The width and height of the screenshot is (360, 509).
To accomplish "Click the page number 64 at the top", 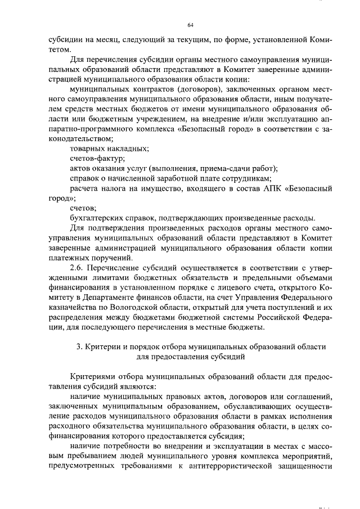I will (x=190, y=25).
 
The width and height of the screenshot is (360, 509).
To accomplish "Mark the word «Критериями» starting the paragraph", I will (x=92, y=376).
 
